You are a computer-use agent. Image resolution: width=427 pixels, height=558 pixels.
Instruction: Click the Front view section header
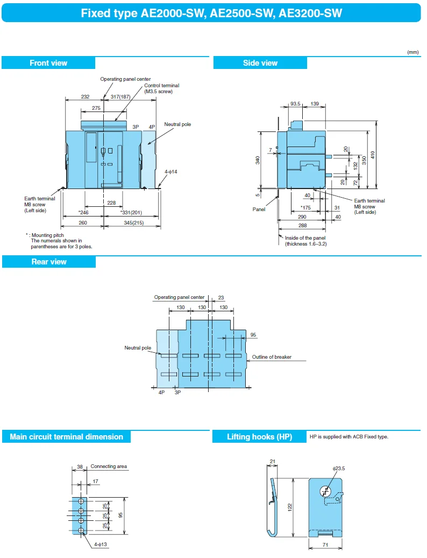[x=48, y=63]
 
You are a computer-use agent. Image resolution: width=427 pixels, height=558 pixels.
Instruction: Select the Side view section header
[x=260, y=63]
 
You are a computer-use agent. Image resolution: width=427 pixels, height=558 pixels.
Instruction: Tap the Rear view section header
[x=48, y=262]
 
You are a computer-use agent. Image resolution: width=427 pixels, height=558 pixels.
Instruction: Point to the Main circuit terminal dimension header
[x=66, y=437]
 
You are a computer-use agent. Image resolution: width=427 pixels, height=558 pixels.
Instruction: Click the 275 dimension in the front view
[x=96, y=108]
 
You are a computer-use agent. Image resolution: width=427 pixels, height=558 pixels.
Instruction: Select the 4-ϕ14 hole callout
[x=170, y=172]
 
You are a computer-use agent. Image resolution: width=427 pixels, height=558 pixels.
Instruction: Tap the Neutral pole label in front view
[x=177, y=124]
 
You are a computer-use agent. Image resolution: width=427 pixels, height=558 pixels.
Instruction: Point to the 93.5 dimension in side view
[x=295, y=103]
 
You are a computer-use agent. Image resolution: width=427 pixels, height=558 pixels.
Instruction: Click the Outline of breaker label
[x=272, y=357]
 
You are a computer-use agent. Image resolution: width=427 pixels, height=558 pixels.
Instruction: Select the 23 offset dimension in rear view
[x=221, y=297]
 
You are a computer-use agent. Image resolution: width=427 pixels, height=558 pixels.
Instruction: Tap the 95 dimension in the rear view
[x=253, y=334]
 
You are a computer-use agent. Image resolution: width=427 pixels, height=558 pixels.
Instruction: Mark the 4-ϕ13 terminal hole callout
[x=101, y=545]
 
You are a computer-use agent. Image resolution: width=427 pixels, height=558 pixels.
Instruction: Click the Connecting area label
[x=109, y=466]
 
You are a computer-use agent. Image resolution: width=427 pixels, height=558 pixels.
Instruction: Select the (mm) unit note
[x=412, y=52]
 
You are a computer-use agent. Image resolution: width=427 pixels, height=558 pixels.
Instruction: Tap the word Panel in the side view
[x=259, y=209]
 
